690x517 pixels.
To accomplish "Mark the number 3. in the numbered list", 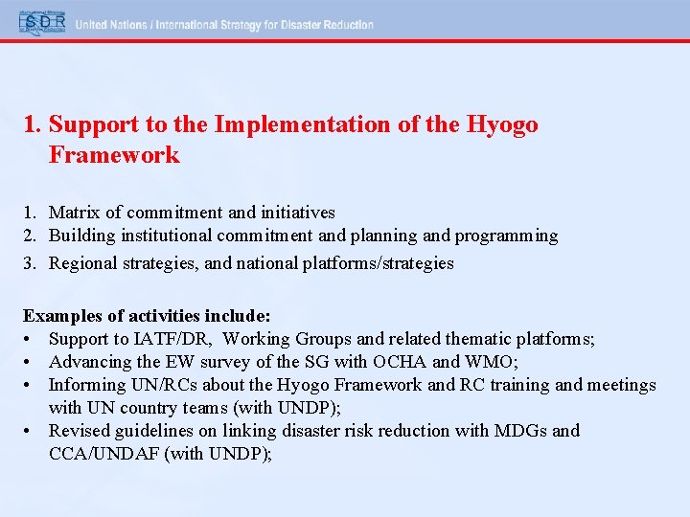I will (x=31, y=262).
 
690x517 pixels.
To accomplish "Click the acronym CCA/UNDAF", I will (x=104, y=454).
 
